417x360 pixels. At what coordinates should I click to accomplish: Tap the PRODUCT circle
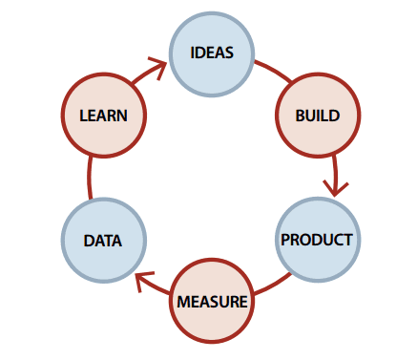(318, 239)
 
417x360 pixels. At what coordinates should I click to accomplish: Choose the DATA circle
(102, 241)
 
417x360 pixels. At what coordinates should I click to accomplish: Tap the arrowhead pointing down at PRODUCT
(333, 185)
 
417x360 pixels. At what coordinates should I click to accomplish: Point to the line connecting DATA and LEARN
(90, 179)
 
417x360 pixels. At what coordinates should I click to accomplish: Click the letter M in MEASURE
(182, 303)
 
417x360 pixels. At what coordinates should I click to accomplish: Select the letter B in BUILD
(302, 116)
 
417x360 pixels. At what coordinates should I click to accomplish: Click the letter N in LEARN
(122, 116)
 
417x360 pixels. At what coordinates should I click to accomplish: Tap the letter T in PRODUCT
(348, 240)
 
